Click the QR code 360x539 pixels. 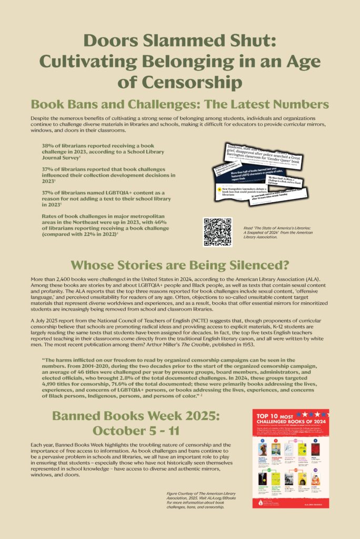point(217,232)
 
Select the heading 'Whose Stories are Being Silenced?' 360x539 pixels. point(179,265)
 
